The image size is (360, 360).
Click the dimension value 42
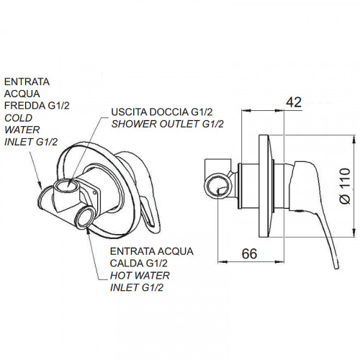point(294,102)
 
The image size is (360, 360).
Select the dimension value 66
point(249,253)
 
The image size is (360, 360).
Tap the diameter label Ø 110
point(346,186)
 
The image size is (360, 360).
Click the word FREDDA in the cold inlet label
point(25,106)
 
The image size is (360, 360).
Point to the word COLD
point(19,118)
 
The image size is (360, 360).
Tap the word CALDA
point(127,264)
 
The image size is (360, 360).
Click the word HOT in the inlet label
point(119,276)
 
